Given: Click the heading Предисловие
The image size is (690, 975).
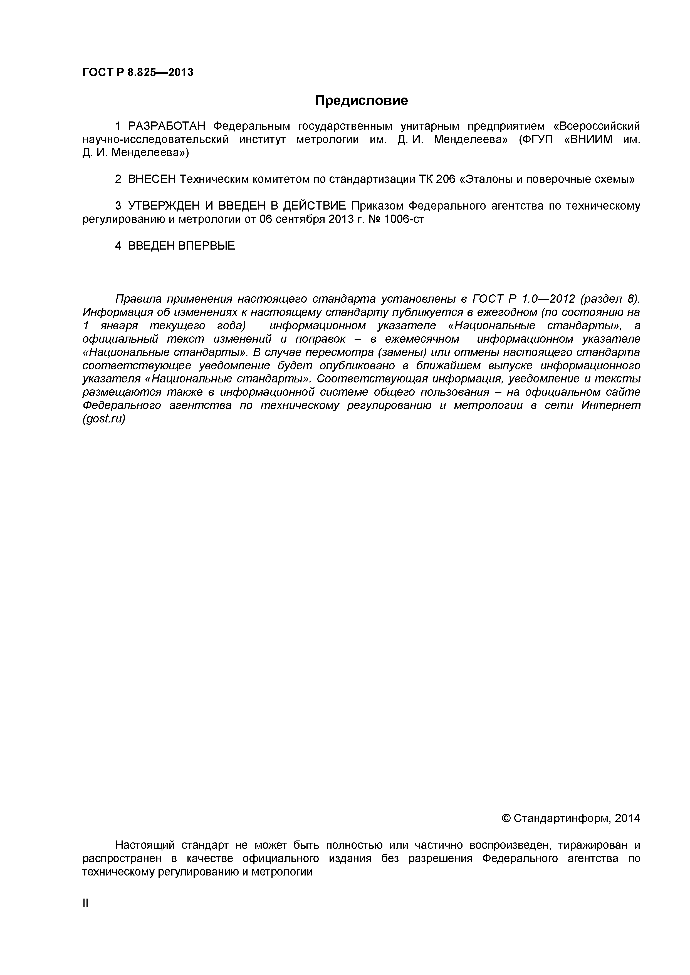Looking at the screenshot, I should tap(361, 101).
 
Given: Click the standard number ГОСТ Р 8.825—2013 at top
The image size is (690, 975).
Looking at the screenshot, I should tap(138, 73).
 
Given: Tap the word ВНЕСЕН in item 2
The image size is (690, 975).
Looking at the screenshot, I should tap(152, 179).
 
